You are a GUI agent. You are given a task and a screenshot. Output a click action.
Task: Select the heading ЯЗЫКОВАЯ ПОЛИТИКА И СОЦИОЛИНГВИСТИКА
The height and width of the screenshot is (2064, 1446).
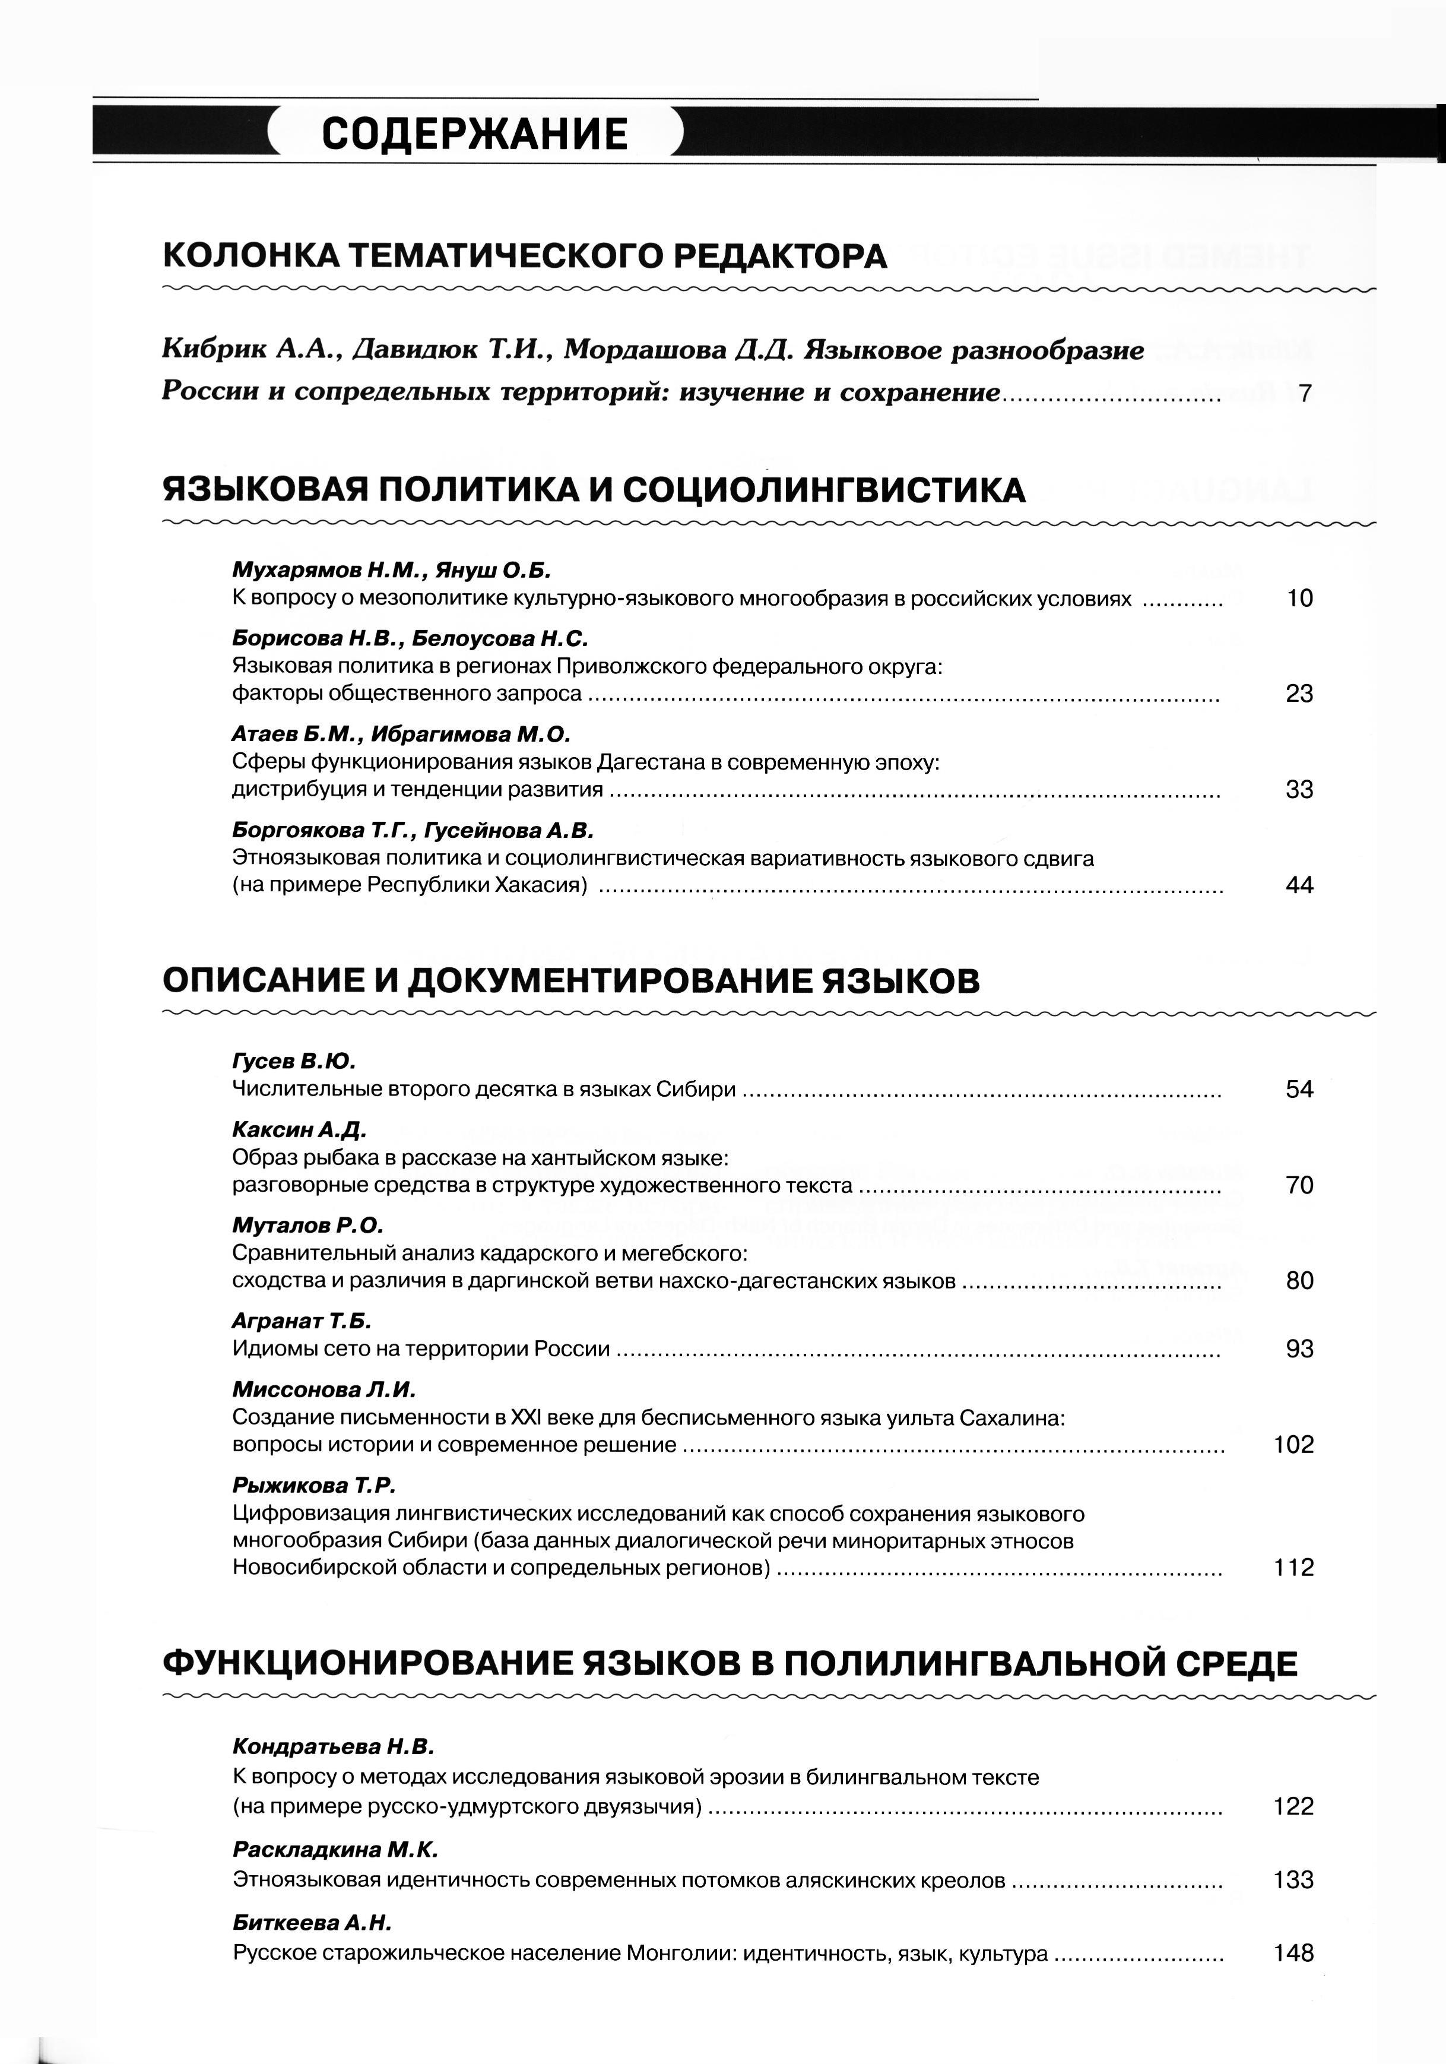click(x=593, y=490)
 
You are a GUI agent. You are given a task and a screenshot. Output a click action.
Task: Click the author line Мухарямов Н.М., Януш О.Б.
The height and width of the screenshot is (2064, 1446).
click(x=391, y=570)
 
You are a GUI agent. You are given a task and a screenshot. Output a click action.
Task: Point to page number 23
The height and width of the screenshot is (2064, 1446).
click(x=1299, y=693)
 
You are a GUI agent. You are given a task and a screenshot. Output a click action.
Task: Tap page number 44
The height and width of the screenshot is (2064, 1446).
click(x=1299, y=885)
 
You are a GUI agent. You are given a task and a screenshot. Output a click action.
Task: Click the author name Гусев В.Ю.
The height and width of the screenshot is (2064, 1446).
click(x=294, y=1061)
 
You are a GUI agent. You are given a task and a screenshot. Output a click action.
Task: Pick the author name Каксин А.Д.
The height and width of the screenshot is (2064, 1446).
click(x=299, y=1129)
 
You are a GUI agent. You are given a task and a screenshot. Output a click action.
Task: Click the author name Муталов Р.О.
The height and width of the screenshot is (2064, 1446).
click(x=307, y=1224)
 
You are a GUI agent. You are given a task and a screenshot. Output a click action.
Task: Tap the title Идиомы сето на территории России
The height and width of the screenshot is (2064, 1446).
click(x=421, y=1348)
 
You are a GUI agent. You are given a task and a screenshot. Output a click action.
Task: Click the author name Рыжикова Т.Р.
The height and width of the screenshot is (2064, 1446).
click(x=313, y=1484)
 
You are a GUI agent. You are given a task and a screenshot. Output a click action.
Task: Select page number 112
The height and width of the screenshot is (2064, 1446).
click(x=1293, y=1567)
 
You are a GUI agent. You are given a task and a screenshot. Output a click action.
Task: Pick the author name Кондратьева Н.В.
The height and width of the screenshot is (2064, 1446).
click(x=332, y=1746)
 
